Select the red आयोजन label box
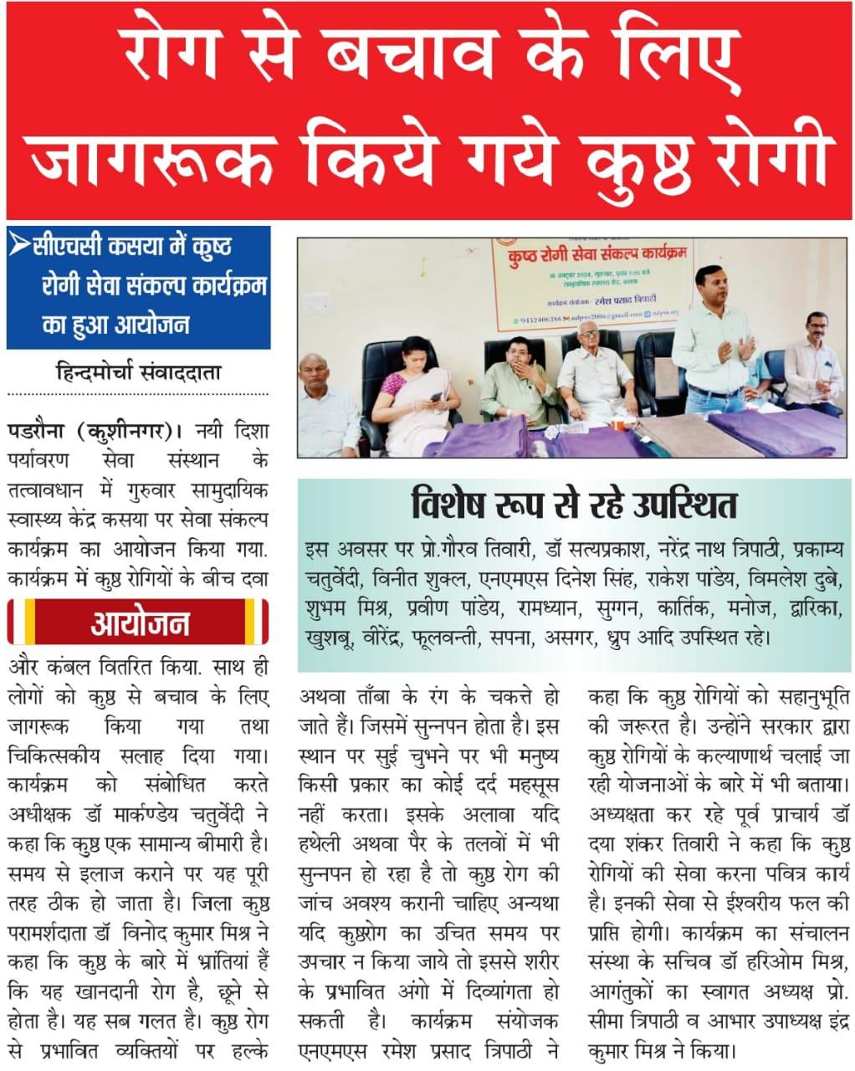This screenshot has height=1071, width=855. click(138, 623)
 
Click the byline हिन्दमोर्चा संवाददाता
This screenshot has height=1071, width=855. click(138, 372)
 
